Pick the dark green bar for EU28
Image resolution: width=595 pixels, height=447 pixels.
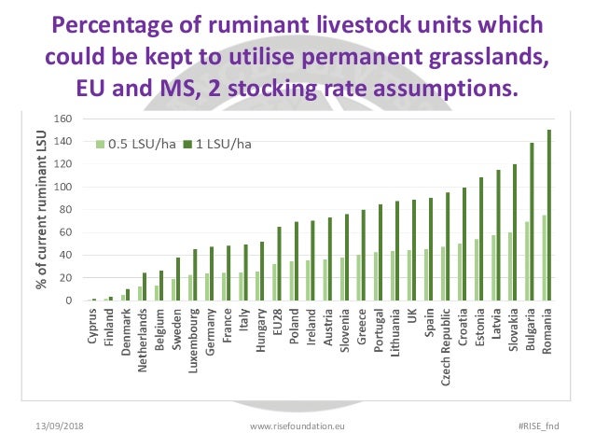pyautogui.click(x=279, y=264)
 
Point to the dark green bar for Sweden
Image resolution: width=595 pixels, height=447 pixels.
pyautogui.click(x=178, y=280)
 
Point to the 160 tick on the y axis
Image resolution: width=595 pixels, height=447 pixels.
pyautogui.click(x=63, y=119)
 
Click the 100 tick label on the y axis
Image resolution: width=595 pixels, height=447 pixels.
pyautogui.click(x=63, y=187)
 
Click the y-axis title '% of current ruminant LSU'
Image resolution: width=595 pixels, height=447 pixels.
pyautogui.click(x=43, y=211)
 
